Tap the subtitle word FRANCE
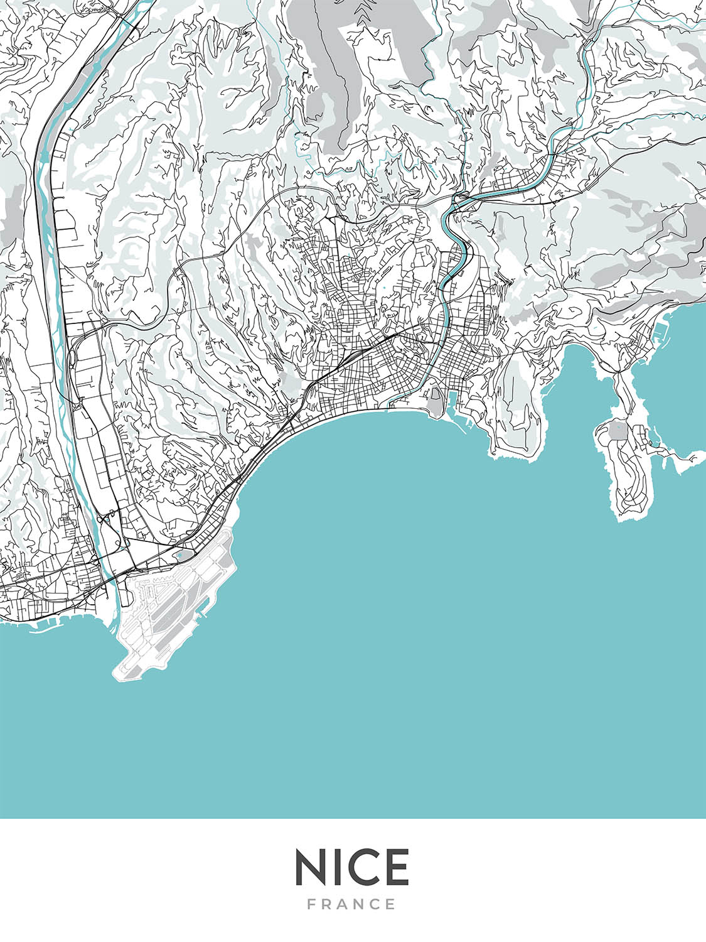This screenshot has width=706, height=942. point(352,904)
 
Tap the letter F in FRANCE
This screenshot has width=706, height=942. point(311,904)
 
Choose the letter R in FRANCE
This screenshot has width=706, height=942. point(327,904)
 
